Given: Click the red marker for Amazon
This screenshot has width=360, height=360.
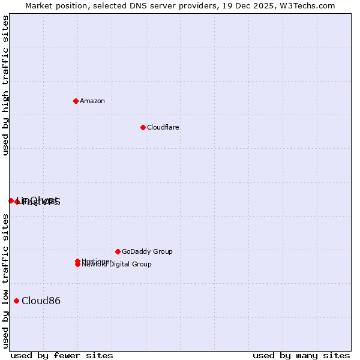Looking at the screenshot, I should (x=76, y=101).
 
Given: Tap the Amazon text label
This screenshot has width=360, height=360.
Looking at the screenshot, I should (x=92, y=101).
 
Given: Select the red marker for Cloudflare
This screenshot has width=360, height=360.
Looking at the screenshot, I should (x=143, y=127).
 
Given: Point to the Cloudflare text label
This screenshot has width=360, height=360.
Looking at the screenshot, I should (x=163, y=127).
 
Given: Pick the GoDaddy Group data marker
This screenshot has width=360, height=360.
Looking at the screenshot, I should (x=118, y=251).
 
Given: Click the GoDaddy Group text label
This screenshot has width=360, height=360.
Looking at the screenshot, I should (x=147, y=251).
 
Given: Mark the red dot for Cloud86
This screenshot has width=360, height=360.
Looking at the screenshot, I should (x=16, y=301).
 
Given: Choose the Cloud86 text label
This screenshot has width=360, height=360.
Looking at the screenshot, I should (x=41, y=301).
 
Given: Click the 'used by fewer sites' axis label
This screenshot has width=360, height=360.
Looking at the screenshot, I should (x=62, y=355).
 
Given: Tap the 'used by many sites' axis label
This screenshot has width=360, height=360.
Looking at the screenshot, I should (x=301, y=355).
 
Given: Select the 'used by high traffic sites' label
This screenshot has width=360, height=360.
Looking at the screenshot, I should (x=5, y=85).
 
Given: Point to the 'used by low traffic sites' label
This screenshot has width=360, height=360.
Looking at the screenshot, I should (x=5, y=281).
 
